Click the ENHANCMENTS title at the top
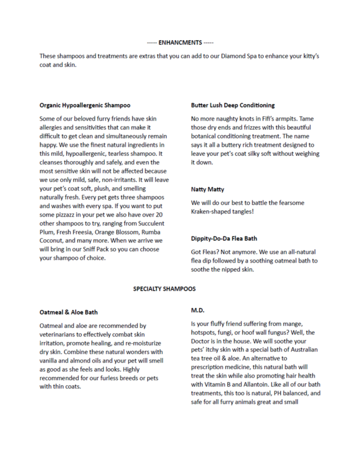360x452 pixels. click(180, 42)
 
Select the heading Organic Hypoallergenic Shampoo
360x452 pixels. click(85, 105)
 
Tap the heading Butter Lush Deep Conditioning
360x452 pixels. click(232, 105)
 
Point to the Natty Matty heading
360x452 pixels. click(208, 190)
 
